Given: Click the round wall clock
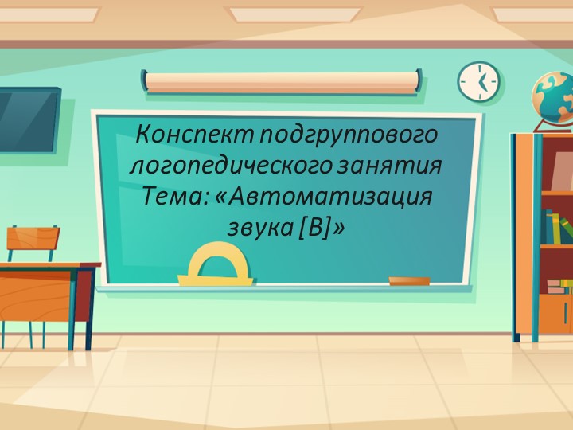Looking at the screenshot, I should pos(478,81).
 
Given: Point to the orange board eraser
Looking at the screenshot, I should pos(409,280).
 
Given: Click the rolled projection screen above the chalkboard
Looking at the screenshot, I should pos(282,81).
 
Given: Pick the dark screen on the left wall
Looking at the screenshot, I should pos(28,119).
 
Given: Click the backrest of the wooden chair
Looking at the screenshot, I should pos(33,237).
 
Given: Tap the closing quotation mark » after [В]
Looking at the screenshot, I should pos(340,227).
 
